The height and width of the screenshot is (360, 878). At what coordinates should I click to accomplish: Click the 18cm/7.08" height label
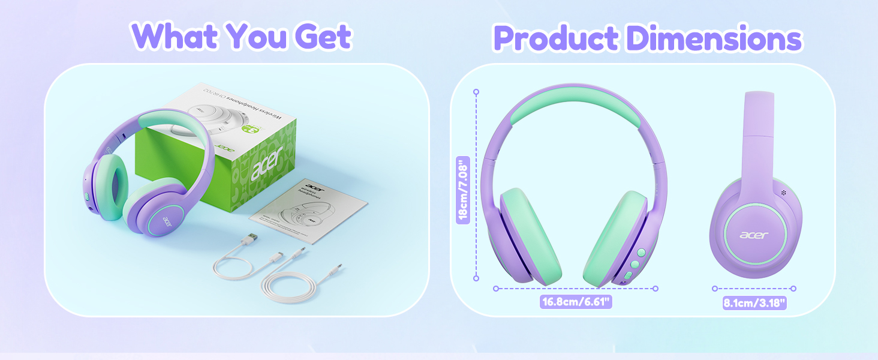click(462, 190)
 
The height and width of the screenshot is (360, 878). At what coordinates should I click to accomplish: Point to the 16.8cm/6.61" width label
click(576, 302)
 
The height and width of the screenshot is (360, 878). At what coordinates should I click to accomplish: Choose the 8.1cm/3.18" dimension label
click(754, 303)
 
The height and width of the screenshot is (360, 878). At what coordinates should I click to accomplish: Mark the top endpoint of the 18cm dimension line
click(476, 92)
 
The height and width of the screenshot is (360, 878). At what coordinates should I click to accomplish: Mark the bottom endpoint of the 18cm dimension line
click(476, 278)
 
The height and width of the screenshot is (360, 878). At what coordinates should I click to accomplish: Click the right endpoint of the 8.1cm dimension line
click(793, 289)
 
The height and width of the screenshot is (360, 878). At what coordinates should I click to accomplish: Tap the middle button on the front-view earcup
click(635, 263)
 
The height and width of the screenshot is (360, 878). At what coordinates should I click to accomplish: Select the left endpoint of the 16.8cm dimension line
click(496, 289)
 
